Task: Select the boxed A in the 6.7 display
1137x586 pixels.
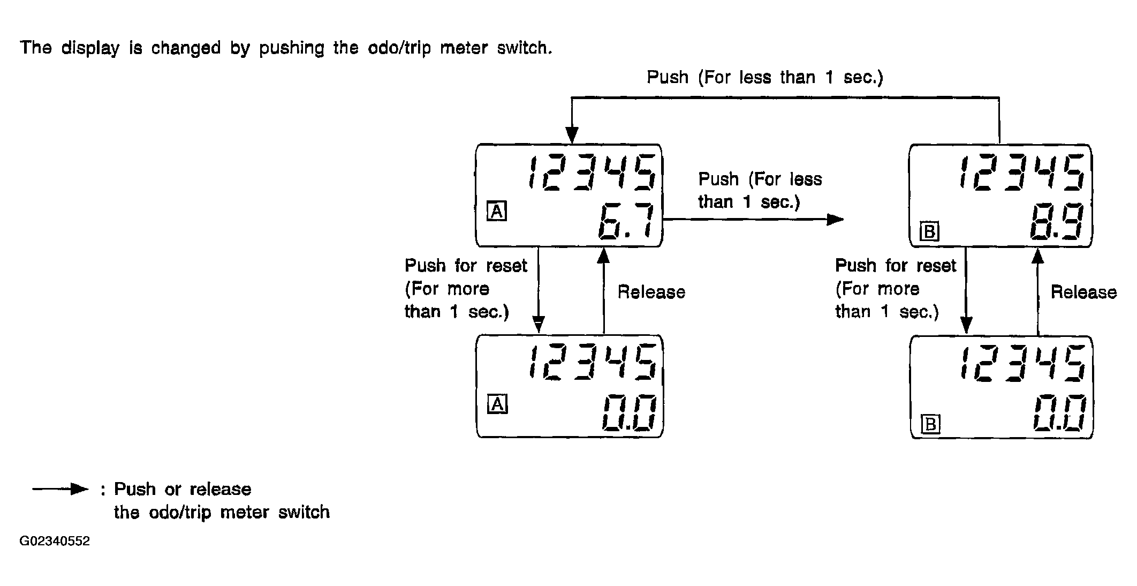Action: (497, 212)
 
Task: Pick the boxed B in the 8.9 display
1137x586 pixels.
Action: (929, 231)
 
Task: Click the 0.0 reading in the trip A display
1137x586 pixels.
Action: (628, 414)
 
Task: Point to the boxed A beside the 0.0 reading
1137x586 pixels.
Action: (497, 404)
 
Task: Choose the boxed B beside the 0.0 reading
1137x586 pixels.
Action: (930, 424)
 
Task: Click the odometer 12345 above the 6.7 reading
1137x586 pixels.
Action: (592, 173)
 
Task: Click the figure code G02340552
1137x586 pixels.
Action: (55, 541)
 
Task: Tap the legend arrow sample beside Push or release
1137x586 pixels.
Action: (60, 489)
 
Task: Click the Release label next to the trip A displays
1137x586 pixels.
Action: (651, 292)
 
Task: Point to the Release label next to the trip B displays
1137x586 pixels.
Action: (1083, 292)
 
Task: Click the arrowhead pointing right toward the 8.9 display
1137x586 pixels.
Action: (836, 219)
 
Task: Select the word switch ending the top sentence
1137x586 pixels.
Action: (524, 48)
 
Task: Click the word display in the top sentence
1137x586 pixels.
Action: (90, 48)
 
